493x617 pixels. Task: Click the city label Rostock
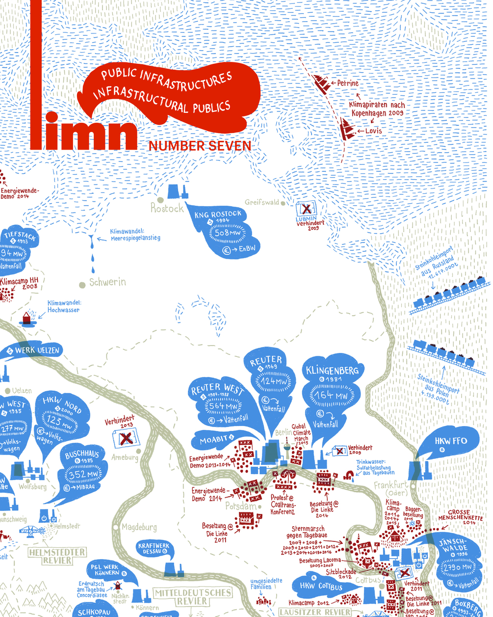coord(167,208)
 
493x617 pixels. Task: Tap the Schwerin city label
coord(107,282)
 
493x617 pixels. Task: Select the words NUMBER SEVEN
coord(200,146)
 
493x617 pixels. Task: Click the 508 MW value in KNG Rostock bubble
coord(228,233)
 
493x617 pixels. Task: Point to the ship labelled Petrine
coord(323,82)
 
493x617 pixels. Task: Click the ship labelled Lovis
coord(347,131)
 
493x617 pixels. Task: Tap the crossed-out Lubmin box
coord(306,209)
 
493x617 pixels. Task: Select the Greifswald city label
coord(262,202)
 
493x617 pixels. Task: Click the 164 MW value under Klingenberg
coord(331,395)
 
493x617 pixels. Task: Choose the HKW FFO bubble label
coord(451,440)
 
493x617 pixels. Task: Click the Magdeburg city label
coord(139,527)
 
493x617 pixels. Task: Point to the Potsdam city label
coord(241,506)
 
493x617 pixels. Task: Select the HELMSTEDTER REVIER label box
coord(57,556)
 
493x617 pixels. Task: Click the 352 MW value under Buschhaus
coord(84,475)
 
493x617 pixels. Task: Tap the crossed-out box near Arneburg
coord(126,438)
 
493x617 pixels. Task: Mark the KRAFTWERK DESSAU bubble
coord(154,548)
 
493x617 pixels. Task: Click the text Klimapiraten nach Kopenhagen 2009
coord(377,108)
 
